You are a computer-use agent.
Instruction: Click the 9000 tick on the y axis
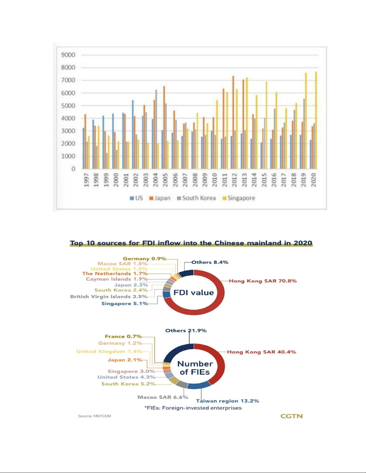[x=68, y=55]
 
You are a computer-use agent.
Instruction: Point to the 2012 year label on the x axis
[x=234, y=180]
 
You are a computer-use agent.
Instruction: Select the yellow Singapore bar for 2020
[x=316, y=120]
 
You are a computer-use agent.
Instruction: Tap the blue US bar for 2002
[x=133, y=135]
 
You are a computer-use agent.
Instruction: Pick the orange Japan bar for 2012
[x=233, y=122]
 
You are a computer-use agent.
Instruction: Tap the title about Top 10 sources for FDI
[x=191, y=243]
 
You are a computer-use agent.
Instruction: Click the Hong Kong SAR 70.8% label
[x=263, y=281]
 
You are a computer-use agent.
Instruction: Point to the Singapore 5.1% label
[x=125, y=303]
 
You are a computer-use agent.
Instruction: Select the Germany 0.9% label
[x=144, y=259]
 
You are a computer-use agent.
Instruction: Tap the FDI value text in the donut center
[x=194, y=292]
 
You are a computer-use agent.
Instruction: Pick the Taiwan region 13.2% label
[x=227, y=401]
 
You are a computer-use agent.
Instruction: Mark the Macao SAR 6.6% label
[x=163, y=397]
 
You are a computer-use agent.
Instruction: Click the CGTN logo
[x=291, y=416]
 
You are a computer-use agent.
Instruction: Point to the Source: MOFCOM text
[x=94, y=416]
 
